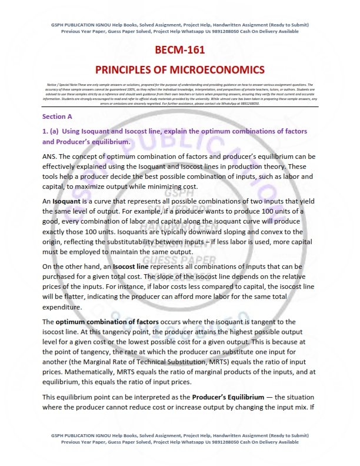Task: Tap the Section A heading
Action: pyautogui.click(x=57, y=116)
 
